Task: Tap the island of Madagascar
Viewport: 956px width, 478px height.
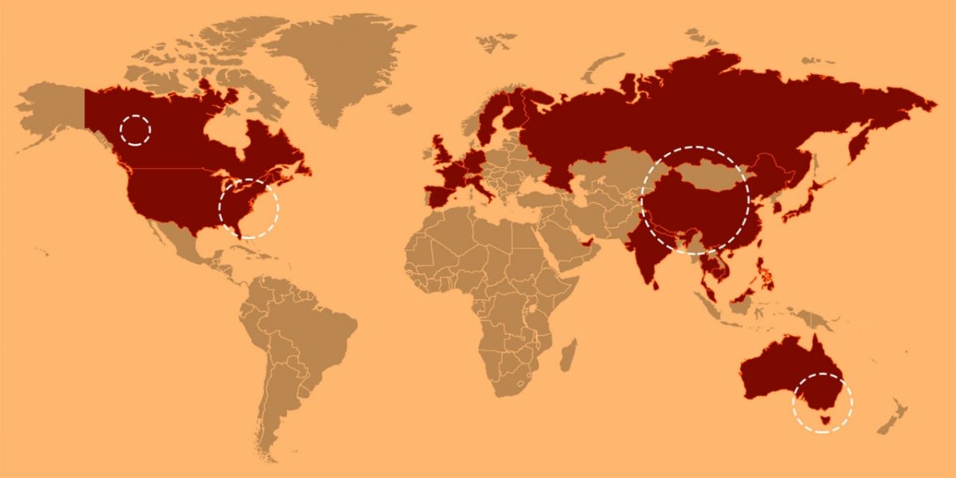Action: click(x=568, y=355)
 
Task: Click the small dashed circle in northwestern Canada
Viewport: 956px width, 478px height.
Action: click(x=135, y=129)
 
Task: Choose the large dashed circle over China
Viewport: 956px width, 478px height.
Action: click(x=695, y=200)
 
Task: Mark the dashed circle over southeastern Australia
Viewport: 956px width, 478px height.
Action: click(x=822, y=402)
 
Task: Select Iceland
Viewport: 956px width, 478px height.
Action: click(x=401, y=108)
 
